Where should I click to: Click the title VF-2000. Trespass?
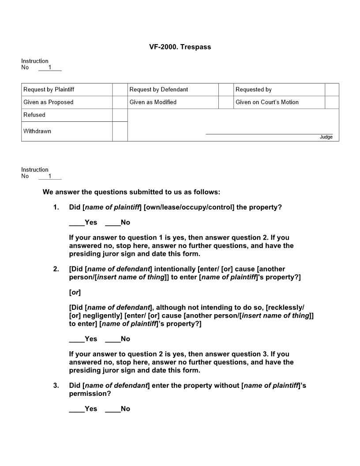click(x=180, y=47)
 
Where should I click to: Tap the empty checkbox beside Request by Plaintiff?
click(x=120, y=90)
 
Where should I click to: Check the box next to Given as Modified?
click(x=225, y=102)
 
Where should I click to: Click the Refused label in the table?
click(x=34, y=115)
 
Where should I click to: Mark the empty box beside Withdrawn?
click(x=120, y=132)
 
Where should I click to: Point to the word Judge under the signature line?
click(x=326, y=137)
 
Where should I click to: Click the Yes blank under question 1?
click(x=77, y=222)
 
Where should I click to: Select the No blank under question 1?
click(x=113, y=222)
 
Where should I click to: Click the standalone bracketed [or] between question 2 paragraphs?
click(x=75, y=293)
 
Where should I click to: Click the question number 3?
click(x=56, y=386)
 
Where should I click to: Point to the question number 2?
click(x=56, y=269)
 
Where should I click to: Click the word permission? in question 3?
click(x=90, y=394)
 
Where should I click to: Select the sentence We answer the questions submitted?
click(x=131, y=192)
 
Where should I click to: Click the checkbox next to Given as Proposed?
click(x=120, y=102)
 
